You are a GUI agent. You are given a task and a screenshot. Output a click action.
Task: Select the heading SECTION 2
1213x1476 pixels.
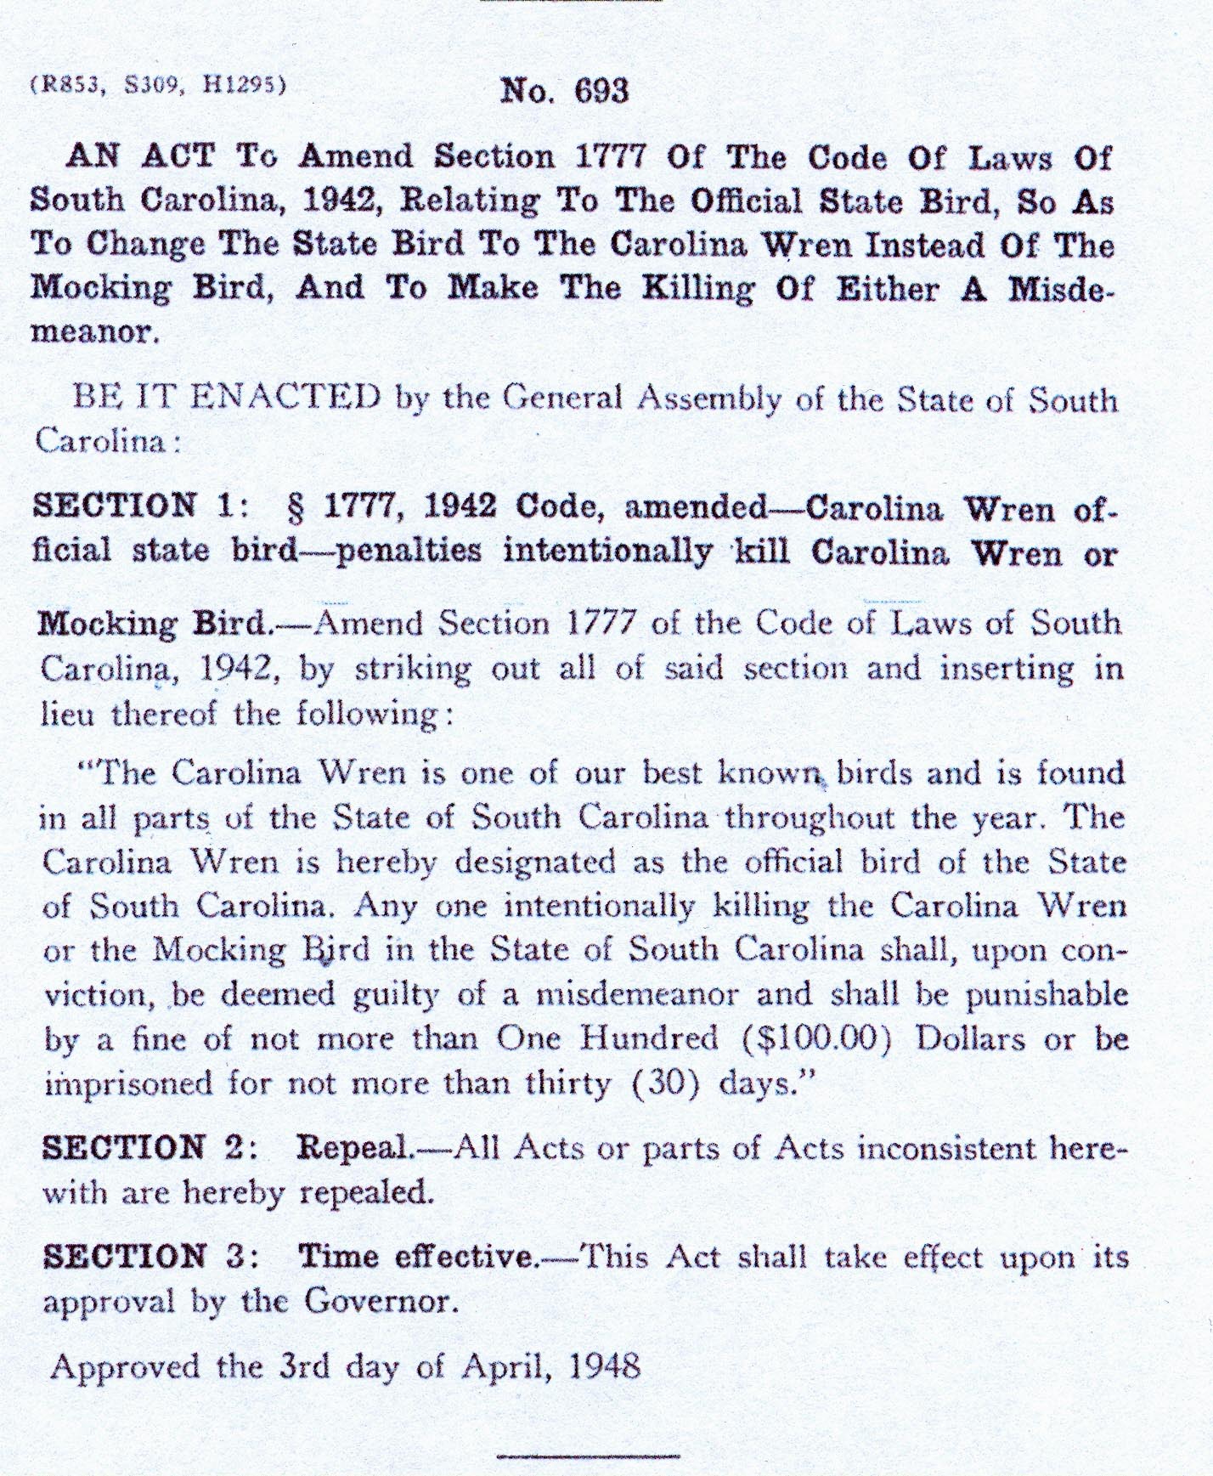point(142,1149)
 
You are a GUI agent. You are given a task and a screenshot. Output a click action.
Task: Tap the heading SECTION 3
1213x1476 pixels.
point(142,1256)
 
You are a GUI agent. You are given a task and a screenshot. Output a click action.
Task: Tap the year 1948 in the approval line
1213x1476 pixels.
point(606,1366)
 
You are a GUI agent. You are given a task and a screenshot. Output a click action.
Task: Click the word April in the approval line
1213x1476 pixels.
point(505,1366)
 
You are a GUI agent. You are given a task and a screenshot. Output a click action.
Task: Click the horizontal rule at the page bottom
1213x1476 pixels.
point(589,1456)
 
